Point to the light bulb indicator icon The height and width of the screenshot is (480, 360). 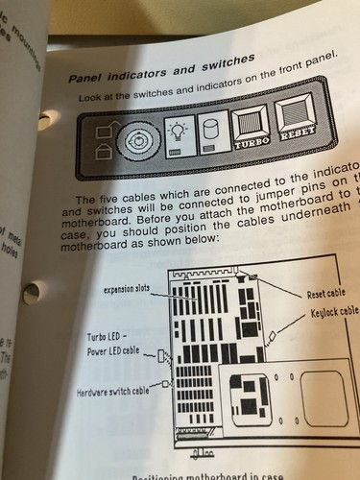pos(177,138)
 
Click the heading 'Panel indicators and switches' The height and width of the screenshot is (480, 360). pos(159,67)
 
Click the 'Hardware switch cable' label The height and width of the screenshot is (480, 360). pos(113,392)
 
